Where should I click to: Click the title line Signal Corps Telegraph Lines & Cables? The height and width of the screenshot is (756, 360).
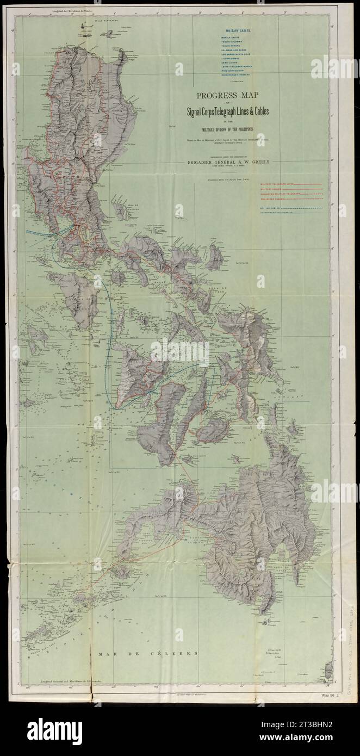coord(225,112)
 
